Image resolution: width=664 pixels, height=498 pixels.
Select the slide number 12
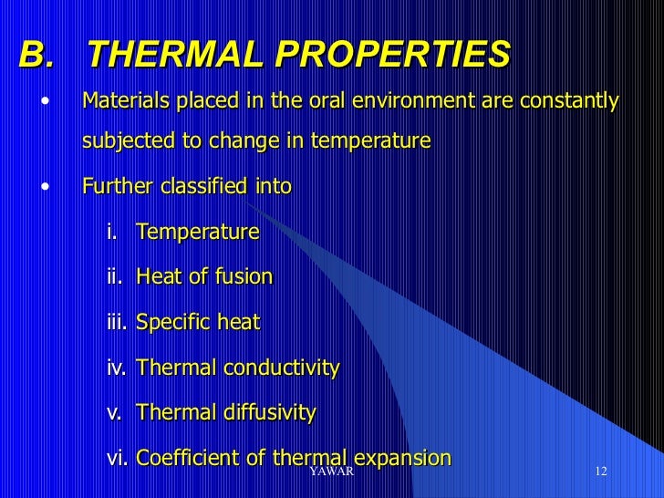click(600, 472)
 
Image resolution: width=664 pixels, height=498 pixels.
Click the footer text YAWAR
click(331, 472)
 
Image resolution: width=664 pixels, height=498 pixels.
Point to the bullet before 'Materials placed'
click(45, 101)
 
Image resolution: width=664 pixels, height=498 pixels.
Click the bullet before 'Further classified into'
click(45, 188)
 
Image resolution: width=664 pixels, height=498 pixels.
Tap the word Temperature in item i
click(197, 233)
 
